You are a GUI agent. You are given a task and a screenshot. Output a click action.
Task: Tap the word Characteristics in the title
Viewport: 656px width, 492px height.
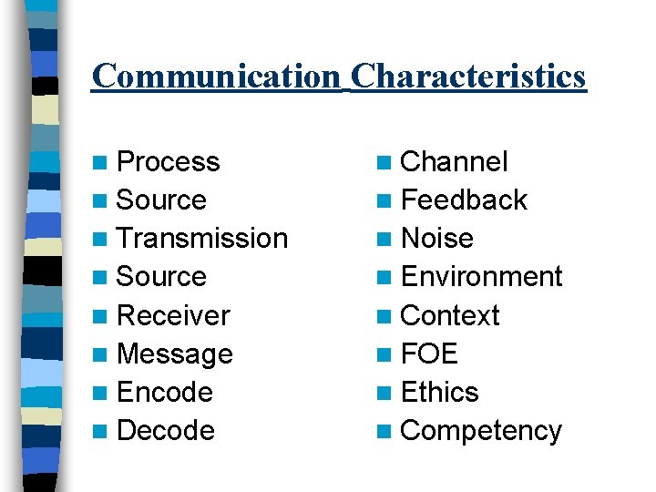[468, 76]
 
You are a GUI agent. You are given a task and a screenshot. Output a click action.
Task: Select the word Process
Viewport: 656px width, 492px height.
[169, 162]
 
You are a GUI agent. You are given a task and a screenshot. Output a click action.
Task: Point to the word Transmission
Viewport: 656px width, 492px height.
[202, 239]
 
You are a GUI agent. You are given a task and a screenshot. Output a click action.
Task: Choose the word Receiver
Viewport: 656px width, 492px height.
[174, 315]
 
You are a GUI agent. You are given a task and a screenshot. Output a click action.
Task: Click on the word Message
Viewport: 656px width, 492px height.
[175, 354]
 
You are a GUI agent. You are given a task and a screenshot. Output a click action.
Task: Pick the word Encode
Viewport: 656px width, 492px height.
[165, 392]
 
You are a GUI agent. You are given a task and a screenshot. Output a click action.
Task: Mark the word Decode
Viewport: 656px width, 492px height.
[166, 430]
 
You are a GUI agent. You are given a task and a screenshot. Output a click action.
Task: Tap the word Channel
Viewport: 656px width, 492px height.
[454, 162]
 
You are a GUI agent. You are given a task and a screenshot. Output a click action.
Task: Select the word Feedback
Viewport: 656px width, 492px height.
[464, 200]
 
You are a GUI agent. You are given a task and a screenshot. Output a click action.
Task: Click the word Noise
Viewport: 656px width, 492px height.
[436, 239]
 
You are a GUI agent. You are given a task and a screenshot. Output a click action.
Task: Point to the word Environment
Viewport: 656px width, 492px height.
[481, 277]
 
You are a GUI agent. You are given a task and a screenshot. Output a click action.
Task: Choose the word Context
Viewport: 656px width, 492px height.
[450, 315]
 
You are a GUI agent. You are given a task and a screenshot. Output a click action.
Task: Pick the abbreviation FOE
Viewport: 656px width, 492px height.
[429, 354]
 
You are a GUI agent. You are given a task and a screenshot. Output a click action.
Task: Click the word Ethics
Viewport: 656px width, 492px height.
[439, 392]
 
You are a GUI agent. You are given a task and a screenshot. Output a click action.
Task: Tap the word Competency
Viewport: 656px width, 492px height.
[481, 430]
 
